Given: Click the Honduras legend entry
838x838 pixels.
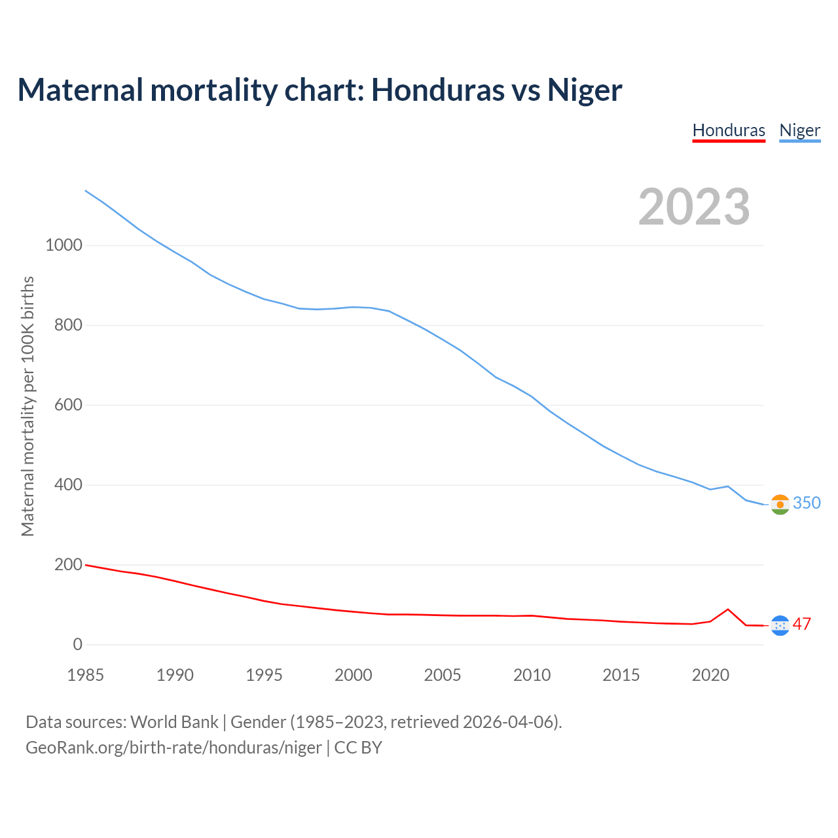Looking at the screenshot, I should [729, 130].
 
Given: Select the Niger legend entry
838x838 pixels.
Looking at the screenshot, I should [799, 130].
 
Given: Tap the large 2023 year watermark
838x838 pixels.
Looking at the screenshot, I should [694, 207].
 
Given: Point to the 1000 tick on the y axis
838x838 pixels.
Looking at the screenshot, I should [64, 246].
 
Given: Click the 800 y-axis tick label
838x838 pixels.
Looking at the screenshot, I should [68, 325].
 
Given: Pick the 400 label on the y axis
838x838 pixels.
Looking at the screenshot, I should [68, 485].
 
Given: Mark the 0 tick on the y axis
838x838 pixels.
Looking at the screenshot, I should [78, 645].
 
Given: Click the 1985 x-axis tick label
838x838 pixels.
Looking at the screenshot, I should [86, 675].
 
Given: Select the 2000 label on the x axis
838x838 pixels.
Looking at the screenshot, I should [354, 675].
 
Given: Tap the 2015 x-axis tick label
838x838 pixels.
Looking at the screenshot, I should [621, 675].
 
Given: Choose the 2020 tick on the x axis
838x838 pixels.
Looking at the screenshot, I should [710, 675].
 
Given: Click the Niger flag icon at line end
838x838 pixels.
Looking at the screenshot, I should [780, 504].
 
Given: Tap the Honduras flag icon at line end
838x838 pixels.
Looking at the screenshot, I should [780, 626].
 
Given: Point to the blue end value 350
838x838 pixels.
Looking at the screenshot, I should [807, 503].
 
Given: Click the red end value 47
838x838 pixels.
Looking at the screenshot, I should [802, 624].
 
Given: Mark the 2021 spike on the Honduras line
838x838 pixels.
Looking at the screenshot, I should [728, 610].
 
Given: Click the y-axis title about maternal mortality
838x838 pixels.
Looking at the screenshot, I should [27, 406].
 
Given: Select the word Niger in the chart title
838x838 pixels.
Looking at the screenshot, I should [585, 90].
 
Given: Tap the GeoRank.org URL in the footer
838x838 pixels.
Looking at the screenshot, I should [173, 748].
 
